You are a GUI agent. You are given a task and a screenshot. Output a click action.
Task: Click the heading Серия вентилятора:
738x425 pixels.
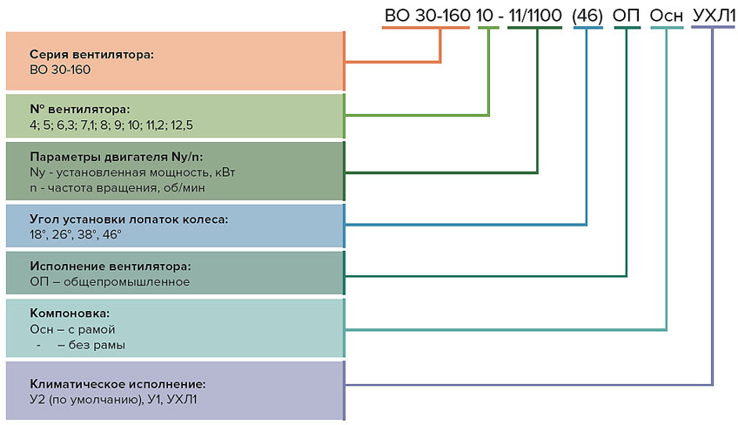pyautogui.click(x=91, y=54)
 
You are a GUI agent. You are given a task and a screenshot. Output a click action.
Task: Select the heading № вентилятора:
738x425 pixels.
pyautogui.click(x=79, y=110)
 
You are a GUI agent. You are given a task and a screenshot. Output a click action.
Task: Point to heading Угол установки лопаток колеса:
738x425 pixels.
pyautogui.click(x=129, y=219)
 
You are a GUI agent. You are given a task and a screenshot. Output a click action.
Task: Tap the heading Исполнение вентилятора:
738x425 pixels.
pyautogui.click(x=110, y=266)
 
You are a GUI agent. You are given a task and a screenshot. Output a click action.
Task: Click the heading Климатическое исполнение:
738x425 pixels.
pyautogui.click(x=117, y=383)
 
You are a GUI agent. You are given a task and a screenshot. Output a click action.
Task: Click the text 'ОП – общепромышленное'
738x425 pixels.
pyautogui.click(x=110, y=282)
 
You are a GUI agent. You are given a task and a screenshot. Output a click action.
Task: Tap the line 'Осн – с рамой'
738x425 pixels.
pyautogui.click(x=72, y=329)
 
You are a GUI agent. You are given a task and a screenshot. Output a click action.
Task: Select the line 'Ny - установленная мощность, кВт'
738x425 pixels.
pyautogui.click(x=132, y=172)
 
